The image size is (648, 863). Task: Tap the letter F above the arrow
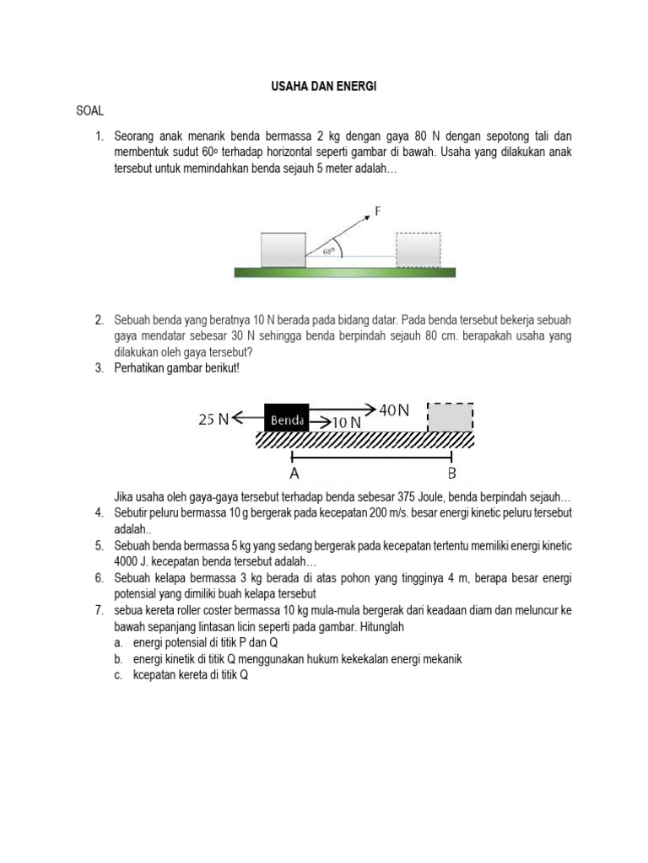(x=379, y=212)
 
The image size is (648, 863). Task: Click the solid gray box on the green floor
(x=283, y=250)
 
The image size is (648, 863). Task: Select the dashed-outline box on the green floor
(x=418, y=250)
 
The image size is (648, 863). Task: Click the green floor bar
(x=344, y=272)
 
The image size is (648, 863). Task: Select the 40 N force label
(x=394, y=410)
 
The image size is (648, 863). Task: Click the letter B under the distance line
(x=451, y=473)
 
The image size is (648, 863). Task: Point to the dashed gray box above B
(x=451, y=417)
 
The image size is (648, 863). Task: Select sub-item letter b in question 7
(x=119, y=658)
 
